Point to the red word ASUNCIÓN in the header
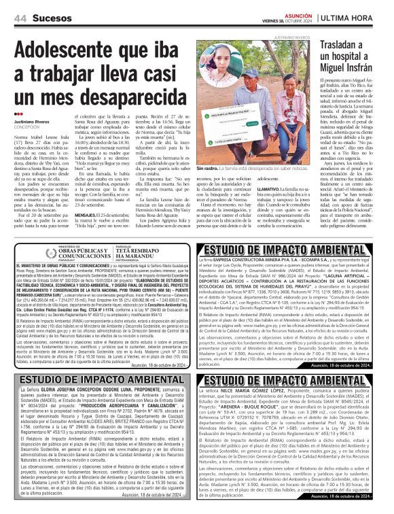click(298, 14)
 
